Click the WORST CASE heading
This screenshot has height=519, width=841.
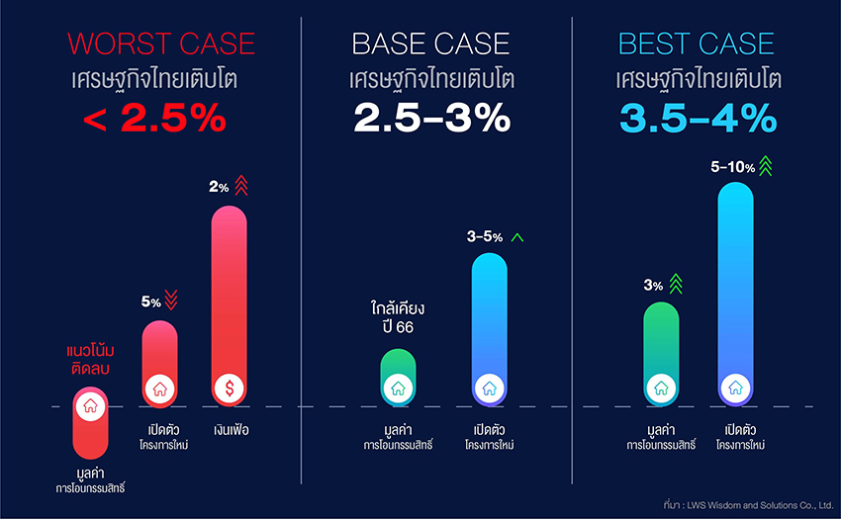161,43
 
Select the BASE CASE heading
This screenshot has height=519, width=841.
431,43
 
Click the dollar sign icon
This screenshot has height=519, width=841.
230,389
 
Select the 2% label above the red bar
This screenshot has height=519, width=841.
219,187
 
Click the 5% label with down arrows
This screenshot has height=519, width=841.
150,302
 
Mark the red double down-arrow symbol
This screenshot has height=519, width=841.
170,299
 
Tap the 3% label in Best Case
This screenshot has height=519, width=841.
653,286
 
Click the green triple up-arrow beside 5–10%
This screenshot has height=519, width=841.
765,165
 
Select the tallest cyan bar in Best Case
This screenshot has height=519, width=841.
735,287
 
